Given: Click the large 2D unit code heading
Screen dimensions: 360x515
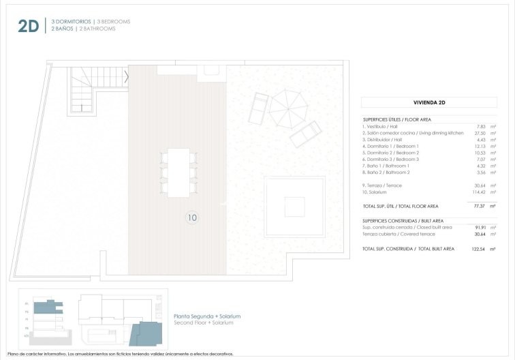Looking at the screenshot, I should point(29,26).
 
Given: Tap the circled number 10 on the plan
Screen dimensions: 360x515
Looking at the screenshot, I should point(191,218).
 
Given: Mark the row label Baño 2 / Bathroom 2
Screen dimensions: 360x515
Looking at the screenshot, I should point(386,173).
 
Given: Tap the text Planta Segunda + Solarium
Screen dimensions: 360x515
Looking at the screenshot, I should point(207,316).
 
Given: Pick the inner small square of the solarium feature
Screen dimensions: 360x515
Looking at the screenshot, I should point(294,206).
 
